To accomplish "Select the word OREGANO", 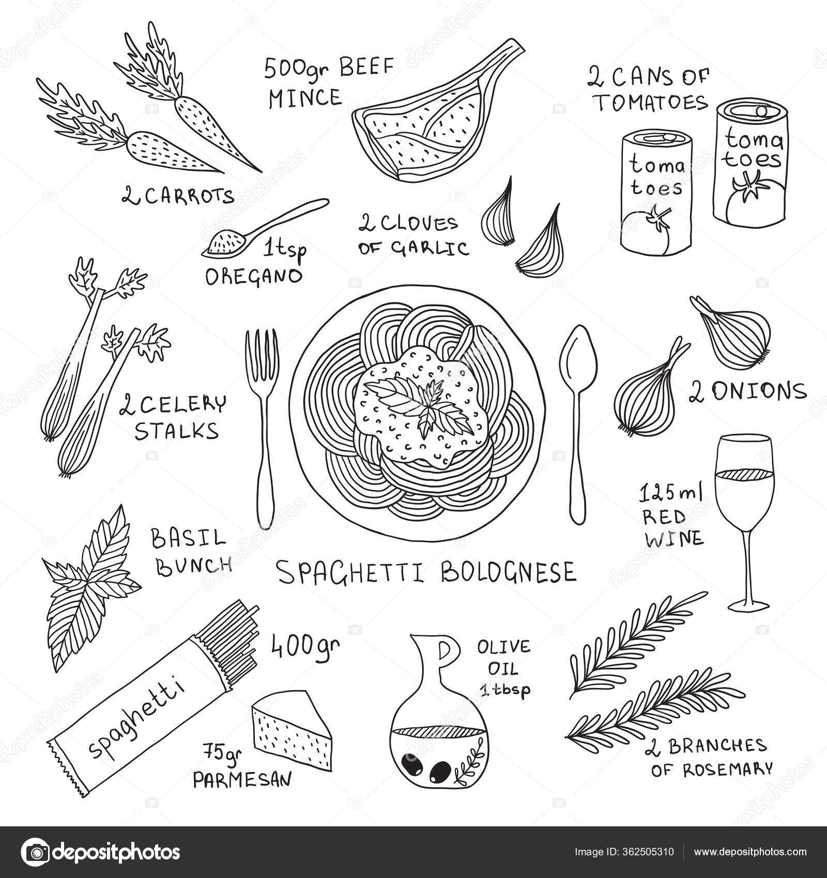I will point(253,276).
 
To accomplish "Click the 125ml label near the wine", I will point(671,494).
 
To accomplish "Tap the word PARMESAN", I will point(242,779).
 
